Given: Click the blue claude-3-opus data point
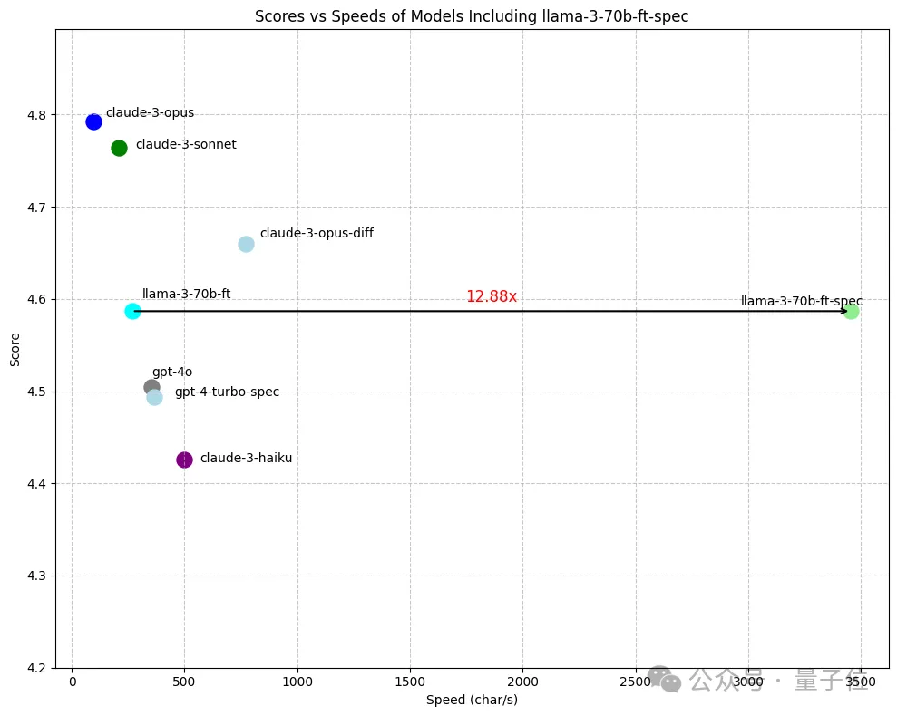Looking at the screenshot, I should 93,121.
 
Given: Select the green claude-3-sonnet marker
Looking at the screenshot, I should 119,148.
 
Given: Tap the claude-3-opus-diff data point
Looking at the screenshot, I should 246,244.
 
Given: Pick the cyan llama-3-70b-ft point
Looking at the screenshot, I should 132,311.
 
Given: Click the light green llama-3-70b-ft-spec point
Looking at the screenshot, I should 851,311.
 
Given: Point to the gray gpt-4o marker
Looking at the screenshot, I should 151,387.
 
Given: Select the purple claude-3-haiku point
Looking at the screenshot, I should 184,460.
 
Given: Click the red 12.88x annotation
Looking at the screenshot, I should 491,296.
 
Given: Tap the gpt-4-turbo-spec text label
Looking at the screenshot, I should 227,392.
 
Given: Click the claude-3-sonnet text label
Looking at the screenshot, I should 186,145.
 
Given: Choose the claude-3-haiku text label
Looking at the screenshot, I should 246,459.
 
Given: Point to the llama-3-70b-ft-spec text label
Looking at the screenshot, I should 801,301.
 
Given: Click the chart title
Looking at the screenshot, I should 473,15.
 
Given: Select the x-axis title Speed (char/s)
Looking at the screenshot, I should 472,700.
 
